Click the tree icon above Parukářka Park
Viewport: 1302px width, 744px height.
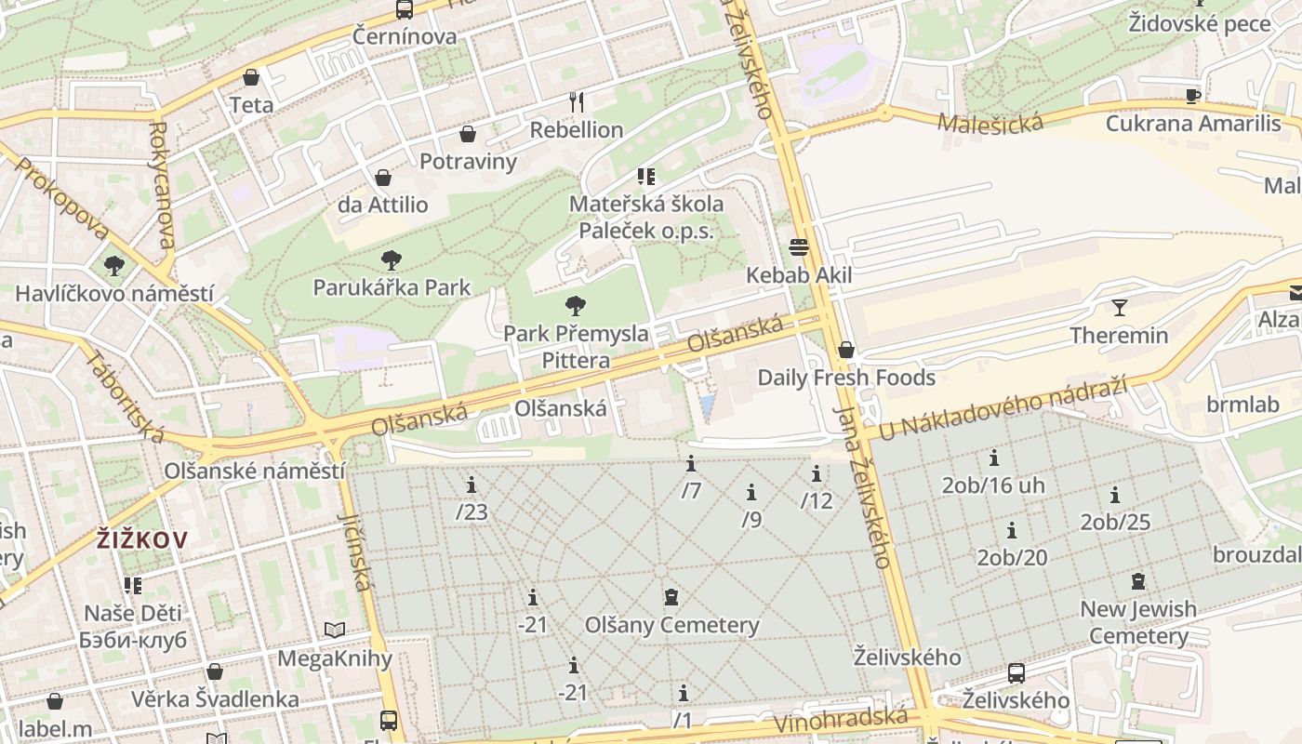tap(392, 260)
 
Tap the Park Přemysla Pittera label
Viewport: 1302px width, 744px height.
tap(576, 346)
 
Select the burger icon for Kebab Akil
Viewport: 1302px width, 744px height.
tap(798, 247)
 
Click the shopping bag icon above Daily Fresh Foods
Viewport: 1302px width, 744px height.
tap(845, 350)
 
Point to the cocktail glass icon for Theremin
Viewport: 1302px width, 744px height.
tap(1119, 307)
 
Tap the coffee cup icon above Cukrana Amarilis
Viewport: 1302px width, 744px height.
tap(1193, 95)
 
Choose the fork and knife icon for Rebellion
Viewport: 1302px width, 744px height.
tap(577, 101)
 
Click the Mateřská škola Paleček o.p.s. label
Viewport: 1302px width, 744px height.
tap(645, 217)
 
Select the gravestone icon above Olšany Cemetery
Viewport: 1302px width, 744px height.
tap(671, 597)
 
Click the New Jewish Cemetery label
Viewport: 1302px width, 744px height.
tap(1137, 622)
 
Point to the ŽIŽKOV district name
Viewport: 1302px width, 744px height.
tap(142, 539)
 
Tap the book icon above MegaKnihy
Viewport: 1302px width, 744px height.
tap(335, 631)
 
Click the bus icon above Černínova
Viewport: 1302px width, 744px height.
tap(404, 9)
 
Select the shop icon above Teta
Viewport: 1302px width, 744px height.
tap(251, 77)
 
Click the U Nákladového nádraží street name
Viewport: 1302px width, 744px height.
tap(1002, 408)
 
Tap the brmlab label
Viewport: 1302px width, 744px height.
tap(1242, 405)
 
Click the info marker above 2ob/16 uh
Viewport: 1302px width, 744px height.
tap(993, 458)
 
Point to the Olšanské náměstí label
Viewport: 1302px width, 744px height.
tap(254, 471)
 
